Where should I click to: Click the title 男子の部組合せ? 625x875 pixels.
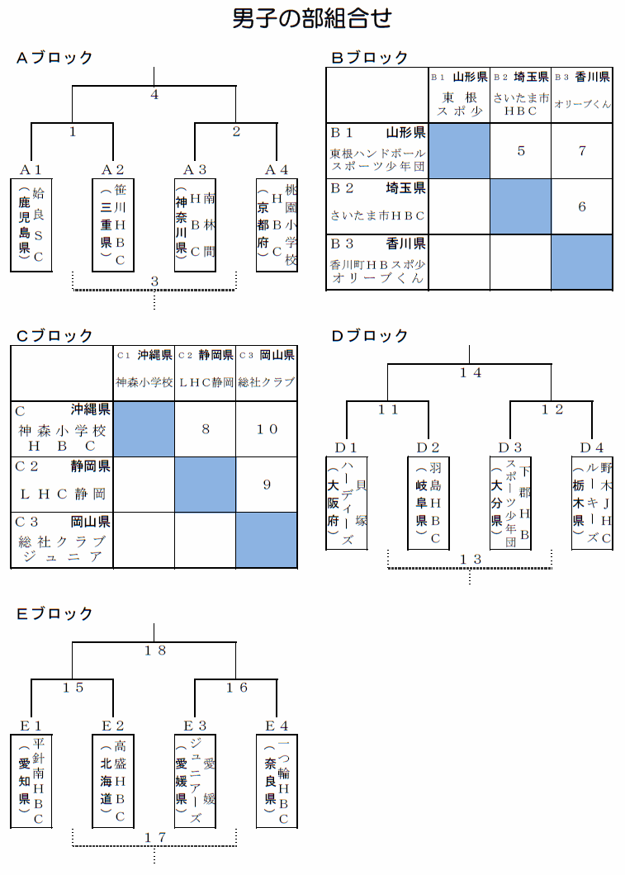(x=312, y=18)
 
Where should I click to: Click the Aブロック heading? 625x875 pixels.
(x=54, y=58)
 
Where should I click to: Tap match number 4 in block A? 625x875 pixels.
(x=154, y=94)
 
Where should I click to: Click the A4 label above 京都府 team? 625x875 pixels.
(x=277, y=169)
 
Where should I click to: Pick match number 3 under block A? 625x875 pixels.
(x=154, y=281)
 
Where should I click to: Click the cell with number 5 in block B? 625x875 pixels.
(x=521, y=151)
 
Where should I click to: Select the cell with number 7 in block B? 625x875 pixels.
(x=582, y=151)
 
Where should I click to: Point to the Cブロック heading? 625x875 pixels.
(x=54, y=336)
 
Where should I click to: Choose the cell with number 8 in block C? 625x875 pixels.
(x=206, y=429)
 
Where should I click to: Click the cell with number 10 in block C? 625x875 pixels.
(x=267, y=429)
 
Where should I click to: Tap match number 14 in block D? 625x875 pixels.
(x=470, y=373)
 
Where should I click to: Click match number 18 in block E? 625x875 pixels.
(x=154, y=650)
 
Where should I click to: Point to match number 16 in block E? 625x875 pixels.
(x=236, y=688)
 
